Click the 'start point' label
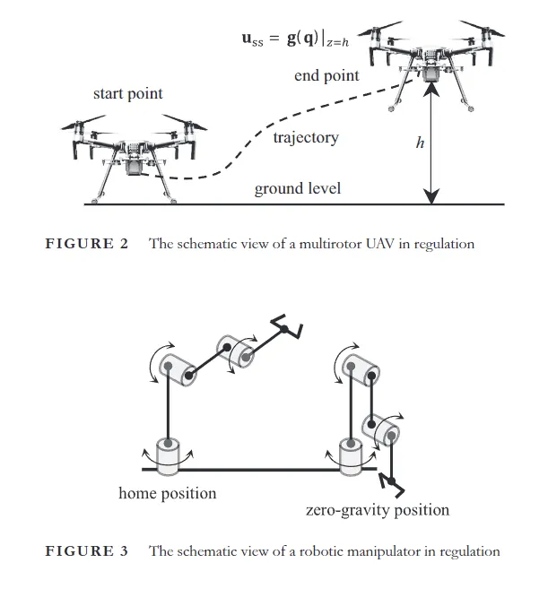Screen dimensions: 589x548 pyautogui.click(x=126, y=94)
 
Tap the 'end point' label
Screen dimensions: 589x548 pyautogui.click(x=326, y=75)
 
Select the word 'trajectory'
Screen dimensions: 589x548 pyautogui.click(x=306, y=138)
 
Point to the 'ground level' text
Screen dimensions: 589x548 pyautogui.click(x=298, y=189)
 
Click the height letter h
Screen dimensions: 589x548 pyautogui.click(x=419, y=142)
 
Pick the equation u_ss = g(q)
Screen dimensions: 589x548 pyautogui.click(x=300, y=39)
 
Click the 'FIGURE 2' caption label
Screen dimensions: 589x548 pyautogui.click(x=87, y=244)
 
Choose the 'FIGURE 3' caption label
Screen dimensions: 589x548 pyautogui.click(x=87, y=550)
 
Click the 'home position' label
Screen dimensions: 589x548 pyautogui.click(x=168, y=493)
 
